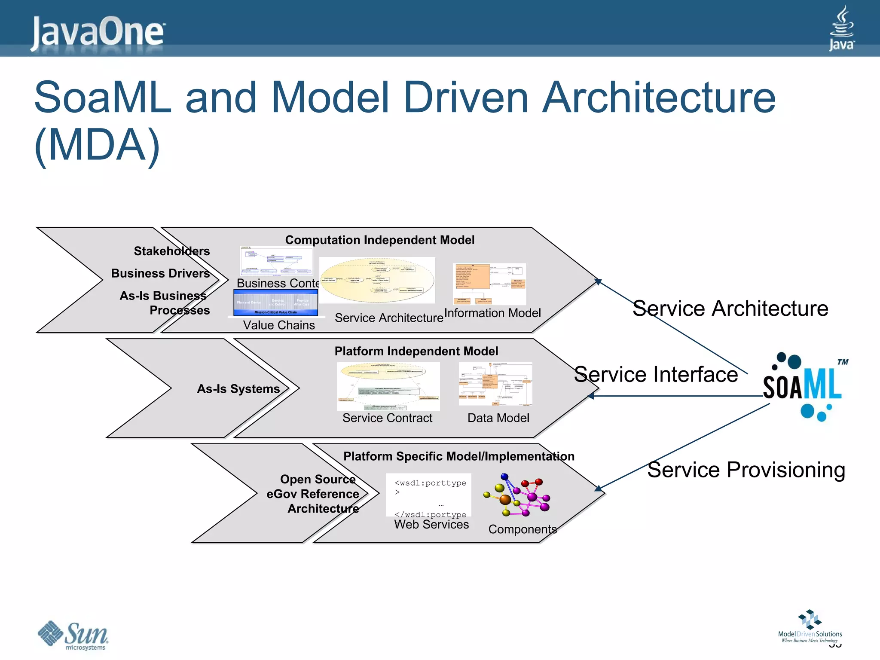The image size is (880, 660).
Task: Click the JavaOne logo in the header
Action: click(x=98, y=32)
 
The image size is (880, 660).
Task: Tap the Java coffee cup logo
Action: click(x=841, y=28)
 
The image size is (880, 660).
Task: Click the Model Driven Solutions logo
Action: click(x=810, y=626)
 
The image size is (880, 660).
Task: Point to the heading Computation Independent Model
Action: click(x=380, y=240)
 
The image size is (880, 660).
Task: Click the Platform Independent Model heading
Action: click(x=416, y=351)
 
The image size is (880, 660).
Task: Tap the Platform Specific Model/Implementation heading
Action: click(x=458, y=456)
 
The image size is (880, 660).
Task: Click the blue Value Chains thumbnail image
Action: click(x=275, y=302)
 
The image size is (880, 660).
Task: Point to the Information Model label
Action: click(x=492, y=313)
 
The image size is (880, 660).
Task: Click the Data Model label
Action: click(x=498, y=418)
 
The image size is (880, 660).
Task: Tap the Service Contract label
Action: click(x=387, y=418)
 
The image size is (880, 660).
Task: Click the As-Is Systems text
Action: click(x=238, y=388)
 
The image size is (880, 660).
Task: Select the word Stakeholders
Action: click(x=171, y=251)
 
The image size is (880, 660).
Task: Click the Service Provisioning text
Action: click(x=746, y=469)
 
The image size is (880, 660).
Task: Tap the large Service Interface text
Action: click(x=656, y=374)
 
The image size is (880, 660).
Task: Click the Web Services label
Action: click(x=431, y=524)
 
